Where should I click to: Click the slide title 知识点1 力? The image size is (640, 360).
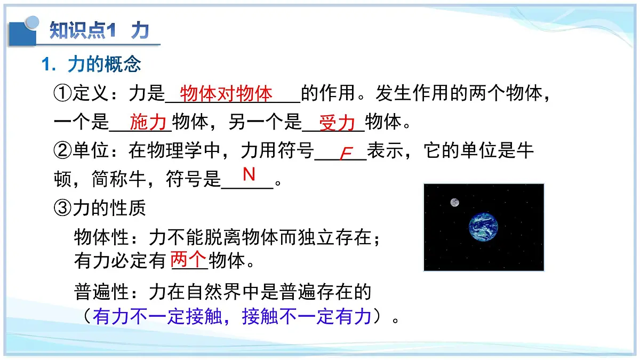pyautogui.click(x=99, y=30)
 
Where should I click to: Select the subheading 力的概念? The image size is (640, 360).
pyautogui.click(x=104, y=65)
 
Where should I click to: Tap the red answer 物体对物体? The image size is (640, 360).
pyautogui.click(x=227, y=94)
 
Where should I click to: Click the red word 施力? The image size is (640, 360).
pyautogui.click(x=148, y=123)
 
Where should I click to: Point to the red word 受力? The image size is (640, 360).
pyautogui.click(x=337, y=123)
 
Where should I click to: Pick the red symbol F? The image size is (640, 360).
pyautogui.click(x=346, y=154)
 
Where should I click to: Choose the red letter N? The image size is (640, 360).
pyautogui.click(x=249, y=174)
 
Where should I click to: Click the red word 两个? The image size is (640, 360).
pyautogui.click(x=188, y=260)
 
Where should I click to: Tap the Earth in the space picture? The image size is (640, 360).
pyautogui.click(x=483, y=227)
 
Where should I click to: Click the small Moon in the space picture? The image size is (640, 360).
pyautogui.click(x=454, y=202)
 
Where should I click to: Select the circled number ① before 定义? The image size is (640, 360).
pyautogui.click(x=63, y=94)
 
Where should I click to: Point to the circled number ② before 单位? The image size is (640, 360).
pyautogui.click(x=63, y=151)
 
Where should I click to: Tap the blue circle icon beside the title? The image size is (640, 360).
pyautogui.click(x=33, y=22)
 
